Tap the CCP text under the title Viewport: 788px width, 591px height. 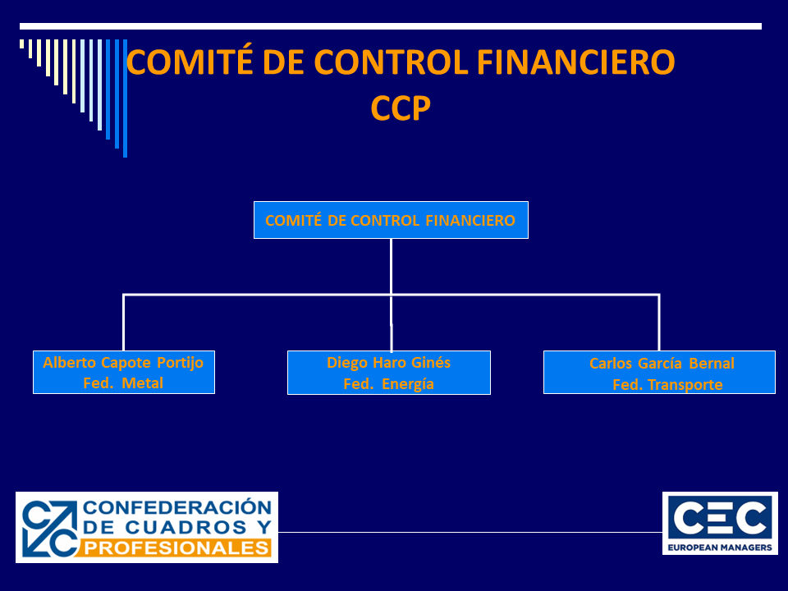401,108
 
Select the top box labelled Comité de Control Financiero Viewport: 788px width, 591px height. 391,220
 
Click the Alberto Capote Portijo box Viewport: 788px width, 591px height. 124,373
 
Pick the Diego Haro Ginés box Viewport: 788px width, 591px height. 389,373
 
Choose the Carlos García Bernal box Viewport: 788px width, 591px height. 659,373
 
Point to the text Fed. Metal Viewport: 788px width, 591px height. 123,383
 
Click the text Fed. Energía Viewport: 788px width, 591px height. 388,383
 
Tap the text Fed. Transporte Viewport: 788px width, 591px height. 667,385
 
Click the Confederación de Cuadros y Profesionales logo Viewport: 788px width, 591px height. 147,527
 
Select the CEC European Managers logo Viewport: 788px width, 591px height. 720,523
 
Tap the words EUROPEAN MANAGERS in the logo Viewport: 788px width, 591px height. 720,546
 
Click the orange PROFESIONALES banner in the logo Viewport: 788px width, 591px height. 177,547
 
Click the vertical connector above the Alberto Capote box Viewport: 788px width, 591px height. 124,322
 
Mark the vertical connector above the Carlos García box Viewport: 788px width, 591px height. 659,322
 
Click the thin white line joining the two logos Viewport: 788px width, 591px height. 470,532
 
